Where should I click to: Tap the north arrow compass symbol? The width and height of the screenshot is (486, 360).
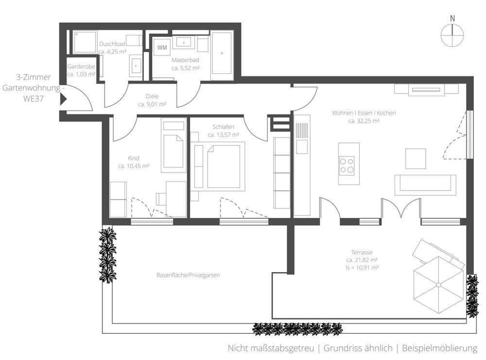click(452, 35)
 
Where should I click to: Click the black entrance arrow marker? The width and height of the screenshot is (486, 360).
click(64, 100)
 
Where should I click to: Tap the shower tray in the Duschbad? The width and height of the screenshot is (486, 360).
click(85, 42)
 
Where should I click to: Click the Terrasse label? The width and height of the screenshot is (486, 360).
click(362, 253)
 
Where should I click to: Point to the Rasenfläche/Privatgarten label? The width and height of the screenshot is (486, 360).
click(188, 275)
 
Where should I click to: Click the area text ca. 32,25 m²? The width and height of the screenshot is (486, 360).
click(364, 121)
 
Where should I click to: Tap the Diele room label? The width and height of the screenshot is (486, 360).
click(152, 96)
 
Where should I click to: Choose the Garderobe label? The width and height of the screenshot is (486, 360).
click(81, 66)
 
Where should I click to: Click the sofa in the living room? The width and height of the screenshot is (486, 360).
click(425, 185)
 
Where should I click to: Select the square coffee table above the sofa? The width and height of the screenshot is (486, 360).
click(416, 158)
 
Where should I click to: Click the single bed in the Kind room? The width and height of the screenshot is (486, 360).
click(174, 145)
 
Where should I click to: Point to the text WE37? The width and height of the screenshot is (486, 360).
click(34, 99)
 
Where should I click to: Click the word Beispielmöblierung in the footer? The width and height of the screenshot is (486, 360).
click(439, 348)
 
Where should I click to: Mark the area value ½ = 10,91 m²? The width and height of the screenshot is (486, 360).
click(362, 268)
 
